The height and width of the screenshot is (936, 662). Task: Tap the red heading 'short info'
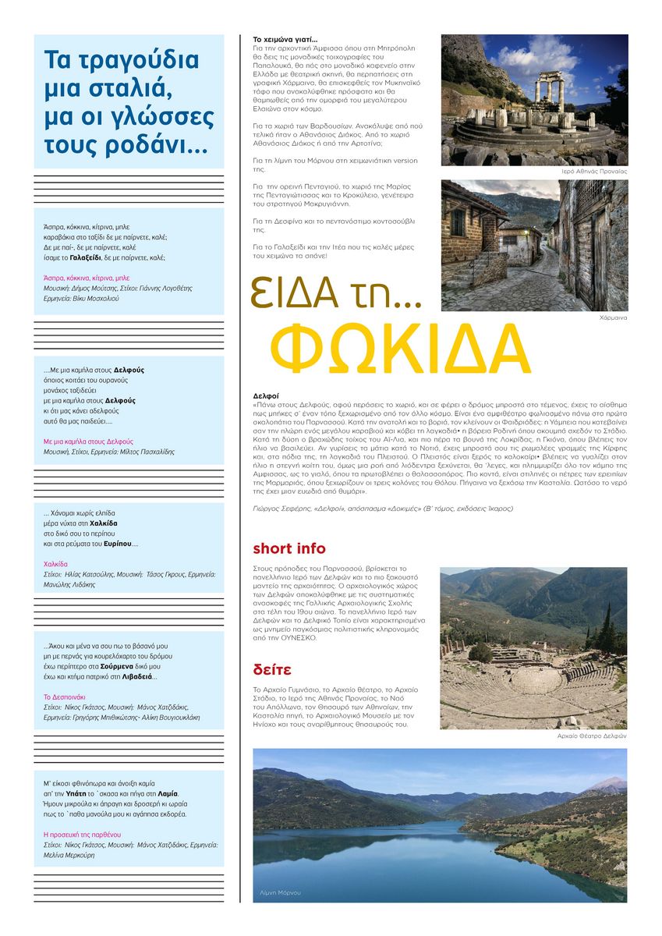tap(289, 548)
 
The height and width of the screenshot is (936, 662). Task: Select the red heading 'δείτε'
tap(272, 669)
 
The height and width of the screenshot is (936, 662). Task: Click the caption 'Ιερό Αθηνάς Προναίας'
tap(595, 171)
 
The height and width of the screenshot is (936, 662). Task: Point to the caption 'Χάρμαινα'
tap(614, 318)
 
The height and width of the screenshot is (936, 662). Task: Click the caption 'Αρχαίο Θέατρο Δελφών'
tap(592, 736)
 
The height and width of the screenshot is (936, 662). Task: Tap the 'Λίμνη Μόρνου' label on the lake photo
tap(280, 892)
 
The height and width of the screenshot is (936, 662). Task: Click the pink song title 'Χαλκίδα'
tap(55, 563)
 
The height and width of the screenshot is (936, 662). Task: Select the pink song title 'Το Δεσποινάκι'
tap(64, 697)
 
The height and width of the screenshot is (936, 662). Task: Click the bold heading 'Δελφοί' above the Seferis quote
tap(266, 396)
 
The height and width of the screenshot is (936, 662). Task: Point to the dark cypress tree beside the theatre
tap(606, 636)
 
